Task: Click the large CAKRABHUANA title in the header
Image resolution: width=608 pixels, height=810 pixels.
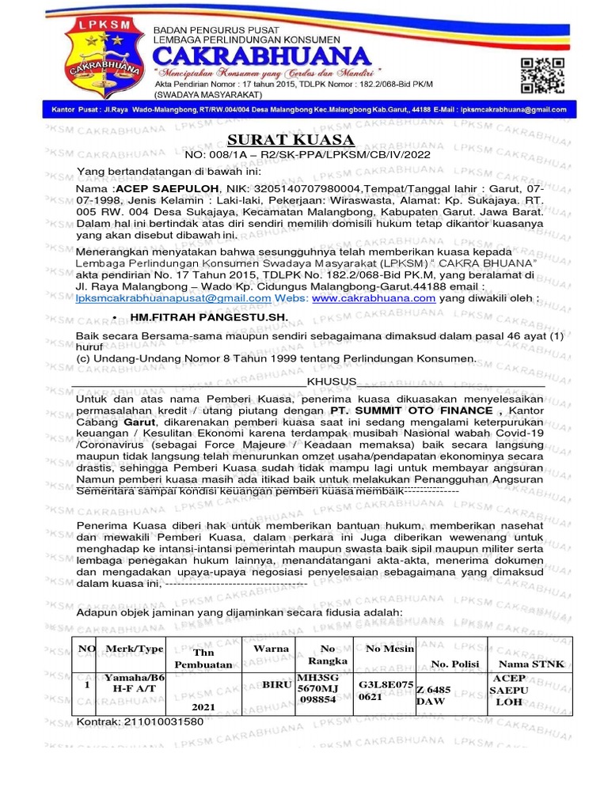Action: point(261,58)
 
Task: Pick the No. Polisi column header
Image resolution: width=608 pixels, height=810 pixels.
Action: point(455,664)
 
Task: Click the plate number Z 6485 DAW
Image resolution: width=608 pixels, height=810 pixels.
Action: point(434,695)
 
